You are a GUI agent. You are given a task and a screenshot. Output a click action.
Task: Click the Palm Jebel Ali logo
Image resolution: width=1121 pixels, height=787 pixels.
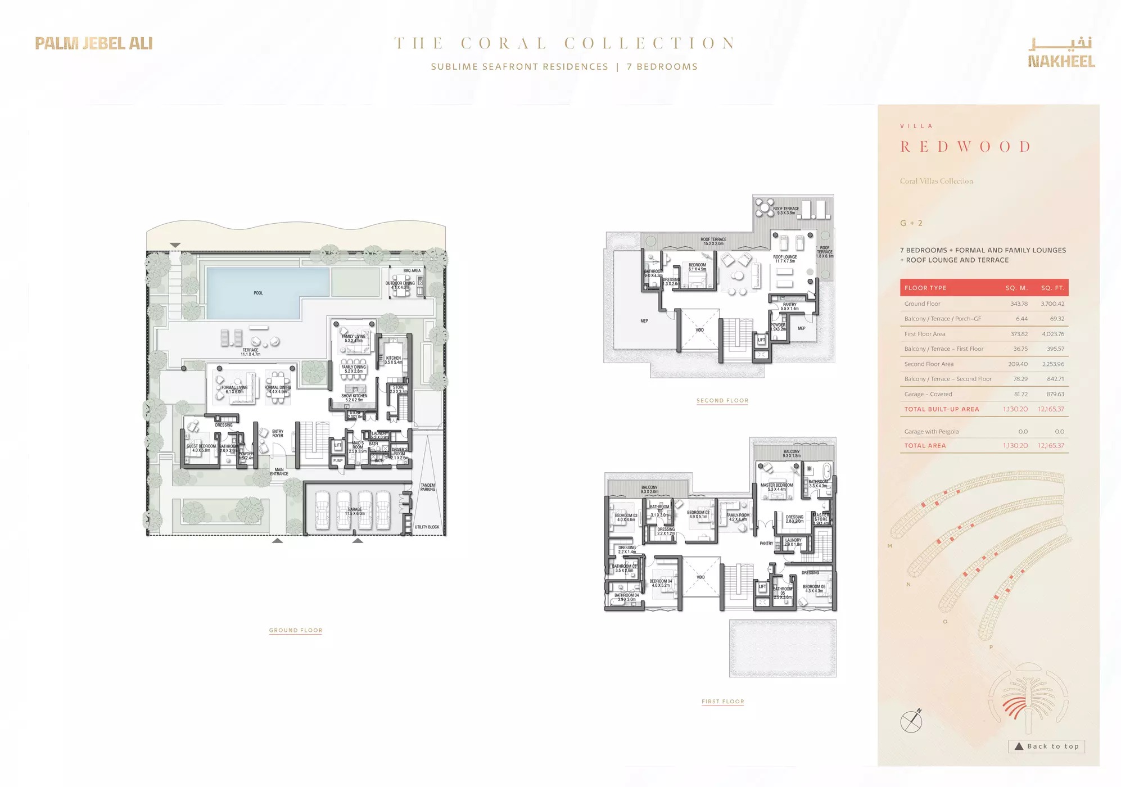(93, 43)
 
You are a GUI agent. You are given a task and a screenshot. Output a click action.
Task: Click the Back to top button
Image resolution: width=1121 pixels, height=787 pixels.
(1046, 747)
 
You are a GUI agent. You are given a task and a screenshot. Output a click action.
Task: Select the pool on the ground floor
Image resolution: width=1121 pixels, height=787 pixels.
(267, 293)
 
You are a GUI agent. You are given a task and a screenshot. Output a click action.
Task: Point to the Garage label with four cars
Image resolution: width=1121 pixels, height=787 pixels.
(355, 511)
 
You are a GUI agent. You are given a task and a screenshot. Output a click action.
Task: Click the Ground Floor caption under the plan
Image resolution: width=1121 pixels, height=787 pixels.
(296, 630)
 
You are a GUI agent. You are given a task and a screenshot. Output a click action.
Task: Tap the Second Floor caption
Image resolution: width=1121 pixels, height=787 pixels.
(722, 401)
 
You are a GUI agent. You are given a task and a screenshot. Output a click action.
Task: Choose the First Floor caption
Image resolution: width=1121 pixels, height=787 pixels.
(722, 702)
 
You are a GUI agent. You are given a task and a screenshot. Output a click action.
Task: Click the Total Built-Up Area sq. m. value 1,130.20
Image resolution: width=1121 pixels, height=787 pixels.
(1015, 409)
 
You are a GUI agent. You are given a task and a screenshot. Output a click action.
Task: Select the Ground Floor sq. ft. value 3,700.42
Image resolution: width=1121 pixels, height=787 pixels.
(1052, 304)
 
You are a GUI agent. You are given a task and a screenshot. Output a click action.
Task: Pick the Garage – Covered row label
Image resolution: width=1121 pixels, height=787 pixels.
(928, 394)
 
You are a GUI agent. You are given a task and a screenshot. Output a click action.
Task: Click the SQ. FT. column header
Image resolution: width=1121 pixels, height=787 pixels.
(1052, 288)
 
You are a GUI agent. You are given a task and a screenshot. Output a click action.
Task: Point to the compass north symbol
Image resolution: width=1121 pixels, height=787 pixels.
(911, 721)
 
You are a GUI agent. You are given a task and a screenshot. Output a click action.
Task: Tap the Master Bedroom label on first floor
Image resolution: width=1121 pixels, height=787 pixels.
(776, 487)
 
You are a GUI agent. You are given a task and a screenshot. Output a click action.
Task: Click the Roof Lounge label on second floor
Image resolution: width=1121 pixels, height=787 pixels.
(785, 259)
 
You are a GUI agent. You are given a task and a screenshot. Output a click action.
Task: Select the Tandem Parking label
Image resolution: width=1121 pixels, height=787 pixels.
(428, 487)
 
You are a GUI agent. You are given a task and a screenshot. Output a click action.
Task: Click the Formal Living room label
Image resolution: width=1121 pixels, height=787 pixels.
(234, 389)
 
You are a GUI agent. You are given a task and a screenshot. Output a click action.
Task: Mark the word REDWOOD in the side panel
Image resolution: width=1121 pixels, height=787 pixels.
(965, 147)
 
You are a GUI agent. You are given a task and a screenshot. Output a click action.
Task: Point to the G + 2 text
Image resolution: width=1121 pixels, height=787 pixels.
(911, 223)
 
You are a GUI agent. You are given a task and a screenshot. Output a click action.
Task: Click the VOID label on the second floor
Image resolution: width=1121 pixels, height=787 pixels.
(699, 330)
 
